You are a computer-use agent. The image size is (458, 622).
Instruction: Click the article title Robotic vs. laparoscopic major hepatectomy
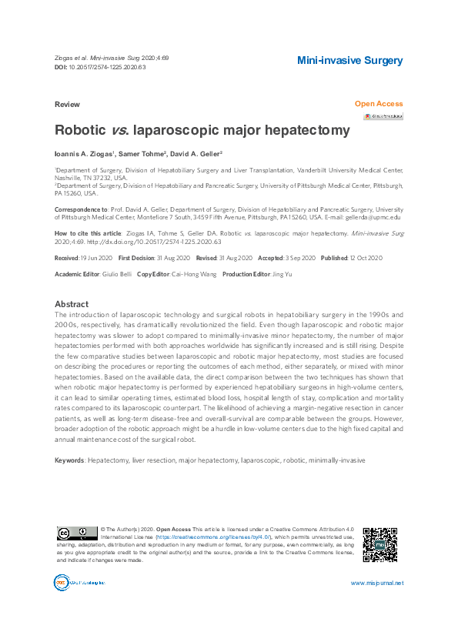point(202,131)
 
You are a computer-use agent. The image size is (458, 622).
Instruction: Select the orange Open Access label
point(378,103)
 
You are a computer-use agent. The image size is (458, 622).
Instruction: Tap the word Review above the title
point(67,103)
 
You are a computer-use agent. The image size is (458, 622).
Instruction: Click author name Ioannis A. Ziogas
point(85,154)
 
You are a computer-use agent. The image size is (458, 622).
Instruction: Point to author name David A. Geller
point(198,154)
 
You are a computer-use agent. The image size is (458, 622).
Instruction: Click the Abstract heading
point(72,304)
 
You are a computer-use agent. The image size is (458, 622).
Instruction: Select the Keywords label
point(69,460)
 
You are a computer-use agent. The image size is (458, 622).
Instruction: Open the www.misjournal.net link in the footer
point(376,583)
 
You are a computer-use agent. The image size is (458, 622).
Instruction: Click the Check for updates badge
point(383,116)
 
